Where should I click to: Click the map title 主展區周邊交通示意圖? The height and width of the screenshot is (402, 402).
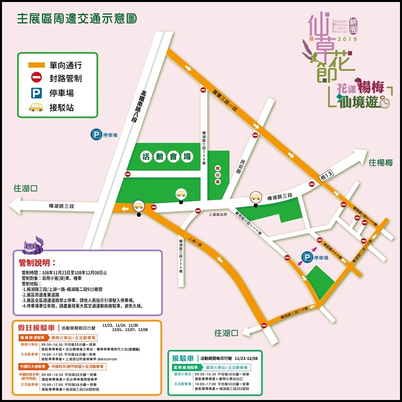click(77, 19)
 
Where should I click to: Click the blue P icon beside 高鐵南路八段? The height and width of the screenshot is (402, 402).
click(95, 135)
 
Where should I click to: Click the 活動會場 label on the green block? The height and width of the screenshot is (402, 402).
click(167, 156)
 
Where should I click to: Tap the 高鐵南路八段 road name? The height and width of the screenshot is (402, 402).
click(144, 105)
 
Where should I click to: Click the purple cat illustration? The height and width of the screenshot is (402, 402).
click(34, 247)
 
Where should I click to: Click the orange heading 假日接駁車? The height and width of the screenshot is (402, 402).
click(37, 327)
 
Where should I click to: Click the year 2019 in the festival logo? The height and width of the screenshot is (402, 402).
click(346, 39)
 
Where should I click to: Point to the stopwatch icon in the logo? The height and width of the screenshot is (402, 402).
click(384, 103)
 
